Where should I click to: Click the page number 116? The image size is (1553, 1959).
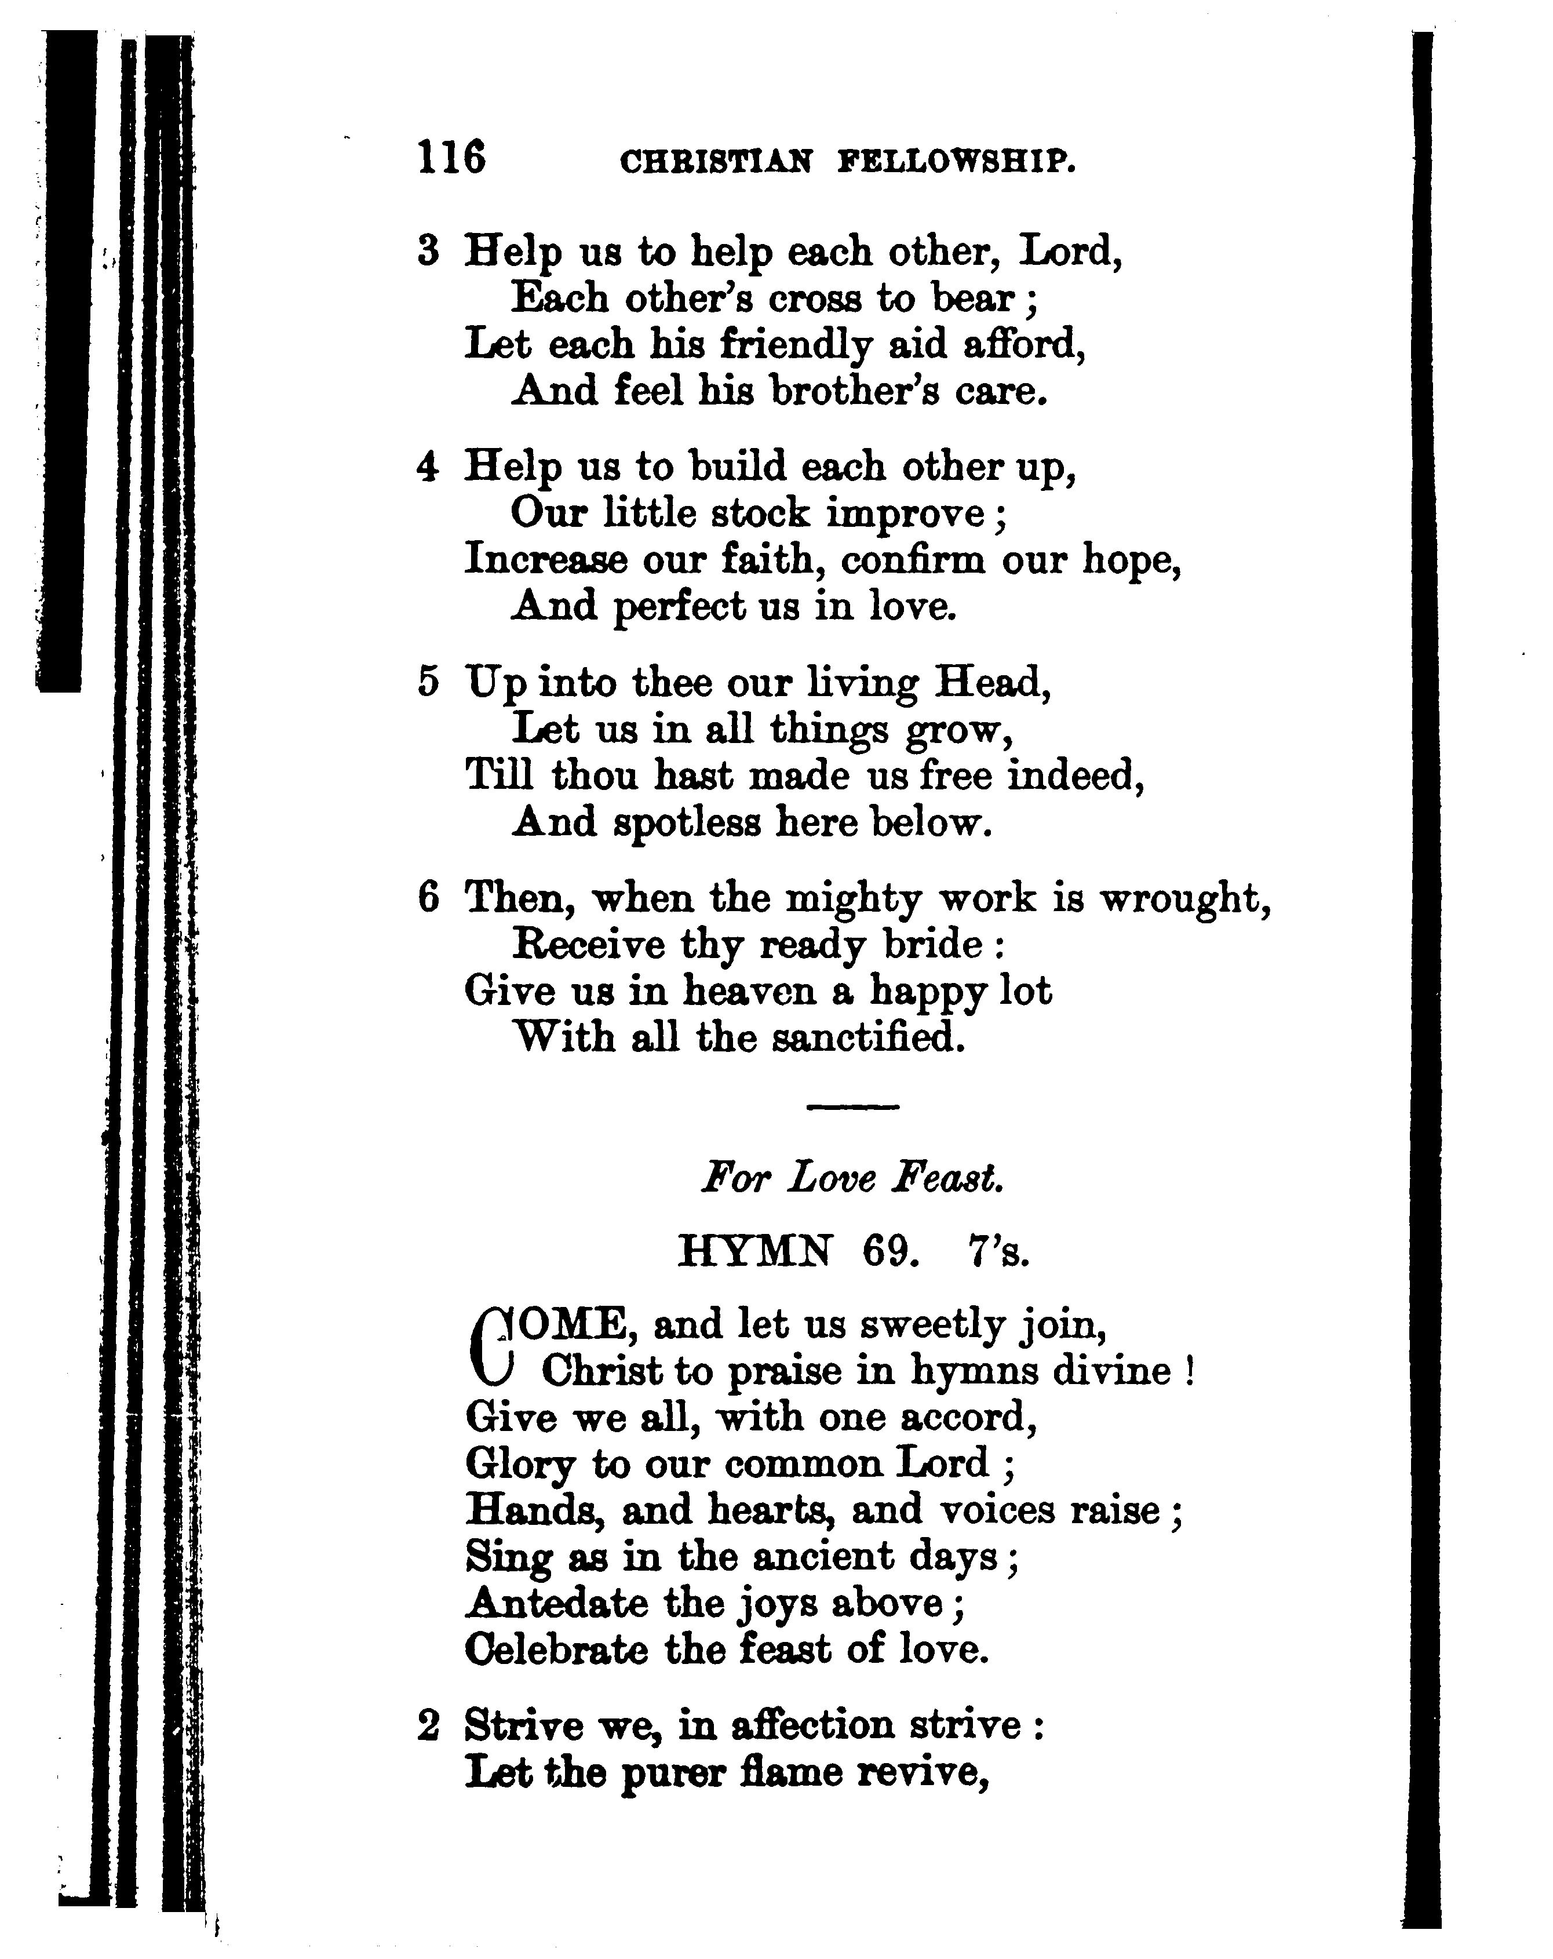pos(451,157)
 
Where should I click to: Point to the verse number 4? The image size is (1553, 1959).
pos(428,467)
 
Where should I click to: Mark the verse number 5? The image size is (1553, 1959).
pos(428,682)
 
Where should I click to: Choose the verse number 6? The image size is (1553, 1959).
pos(428,898)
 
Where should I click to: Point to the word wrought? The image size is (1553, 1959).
pos(1184,898)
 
